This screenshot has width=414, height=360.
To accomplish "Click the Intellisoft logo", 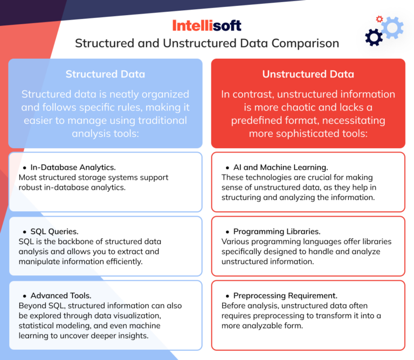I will pos(207,25).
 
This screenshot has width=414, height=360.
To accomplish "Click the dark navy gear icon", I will pos(374,37).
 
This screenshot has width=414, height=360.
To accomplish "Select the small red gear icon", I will pos(379,19).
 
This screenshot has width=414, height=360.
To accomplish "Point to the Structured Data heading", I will pos(105,74).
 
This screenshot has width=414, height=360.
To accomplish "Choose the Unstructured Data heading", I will pos(308,74).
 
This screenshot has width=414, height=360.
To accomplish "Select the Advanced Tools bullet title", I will pos(61,296).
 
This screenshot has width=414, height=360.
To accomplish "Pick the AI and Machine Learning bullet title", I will pos(280,168).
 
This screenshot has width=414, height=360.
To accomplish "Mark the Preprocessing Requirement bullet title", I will pos(285,296).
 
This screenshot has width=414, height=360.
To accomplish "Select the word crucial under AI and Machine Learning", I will pos(318,177).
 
